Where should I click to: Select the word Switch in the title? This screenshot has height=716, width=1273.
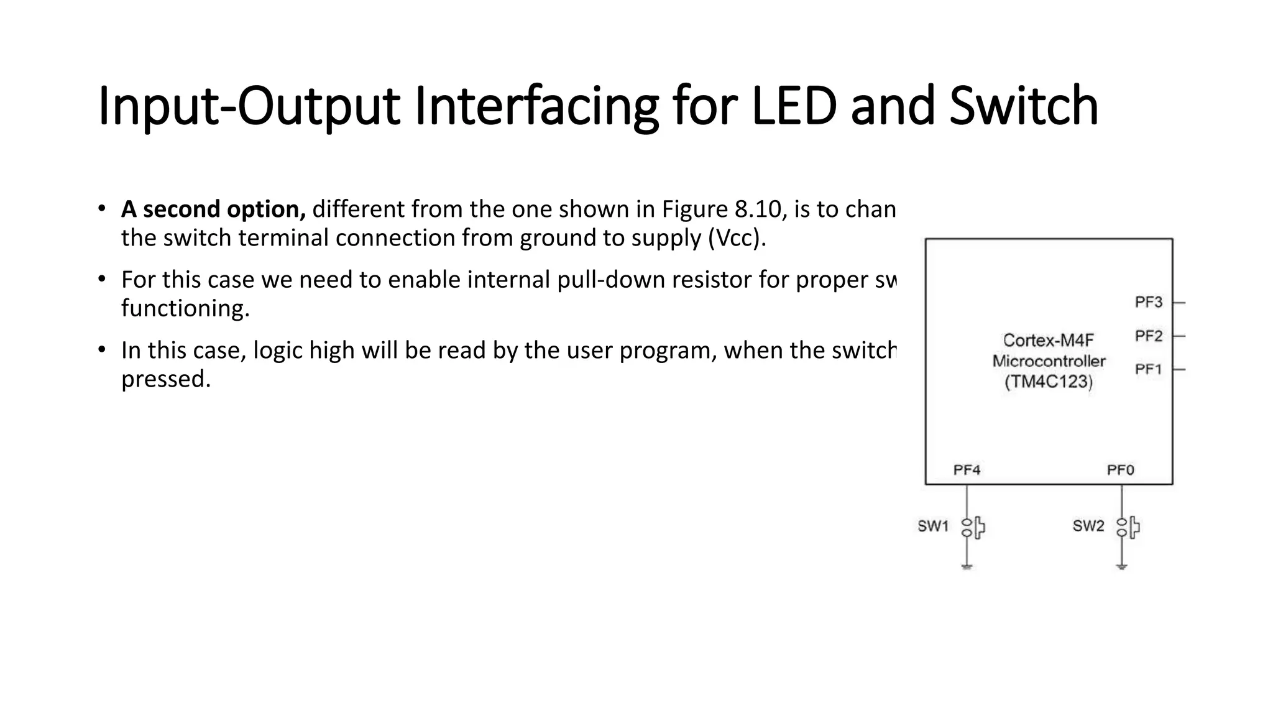(x=1024, y=106)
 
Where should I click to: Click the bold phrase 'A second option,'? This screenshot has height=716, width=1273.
(x=213, y=209)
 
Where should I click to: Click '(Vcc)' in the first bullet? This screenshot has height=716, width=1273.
(x=737, y=238)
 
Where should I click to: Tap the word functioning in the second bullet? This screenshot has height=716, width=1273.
(x=185, y=308)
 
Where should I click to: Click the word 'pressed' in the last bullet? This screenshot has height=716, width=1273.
(x=166, y=379)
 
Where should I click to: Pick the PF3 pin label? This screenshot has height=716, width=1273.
(x=1148, y=302)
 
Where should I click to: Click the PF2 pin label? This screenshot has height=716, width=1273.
(x=1148, y=336)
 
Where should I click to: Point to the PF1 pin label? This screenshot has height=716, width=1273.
(x=1148, y=369)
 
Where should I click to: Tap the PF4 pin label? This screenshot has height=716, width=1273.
(x=967, y=470)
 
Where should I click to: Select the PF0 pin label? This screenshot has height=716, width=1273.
(x=1120, y=470)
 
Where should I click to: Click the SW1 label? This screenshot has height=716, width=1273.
(x=933, y=526)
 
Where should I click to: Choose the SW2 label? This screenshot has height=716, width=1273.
(x=1088, y=526)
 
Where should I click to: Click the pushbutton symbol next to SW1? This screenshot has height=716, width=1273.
(x=973, y=528)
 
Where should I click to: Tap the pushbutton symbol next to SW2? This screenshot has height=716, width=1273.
(x=1128, y=528)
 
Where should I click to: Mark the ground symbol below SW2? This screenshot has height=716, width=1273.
(x=1121, y=567)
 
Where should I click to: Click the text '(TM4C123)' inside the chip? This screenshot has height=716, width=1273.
(x=1048, y=382)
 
